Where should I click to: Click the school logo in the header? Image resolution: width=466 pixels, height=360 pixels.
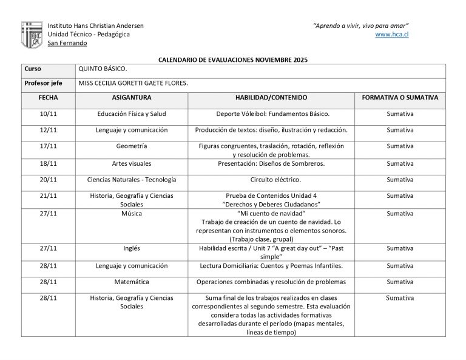[x=32, y=35]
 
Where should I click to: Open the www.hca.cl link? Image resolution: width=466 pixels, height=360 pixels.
[x=391, y=35]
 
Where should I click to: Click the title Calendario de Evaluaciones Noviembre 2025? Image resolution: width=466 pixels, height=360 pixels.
[x=233, y=60]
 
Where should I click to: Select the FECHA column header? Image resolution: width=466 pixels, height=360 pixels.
[x=49, y=97]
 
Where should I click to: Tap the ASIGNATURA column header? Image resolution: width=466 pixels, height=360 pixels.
[x=132, y=97]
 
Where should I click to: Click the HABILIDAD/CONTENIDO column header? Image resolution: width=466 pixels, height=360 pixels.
[x=271, y=97]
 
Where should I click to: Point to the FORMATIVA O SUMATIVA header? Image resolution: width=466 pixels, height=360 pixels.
[x=400, y=97]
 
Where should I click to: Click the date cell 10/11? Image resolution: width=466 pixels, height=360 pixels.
[x=49, y=114]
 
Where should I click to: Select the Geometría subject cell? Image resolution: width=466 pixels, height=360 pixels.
[x=132, y=146]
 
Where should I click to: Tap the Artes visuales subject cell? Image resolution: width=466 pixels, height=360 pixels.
[x=132, y=163]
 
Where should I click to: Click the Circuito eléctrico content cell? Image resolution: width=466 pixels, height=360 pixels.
[x=271, y=180]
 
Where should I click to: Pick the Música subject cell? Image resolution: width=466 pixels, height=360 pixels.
[x=132, y=214]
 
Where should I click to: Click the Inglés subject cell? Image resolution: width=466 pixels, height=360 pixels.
[x=132, y=248]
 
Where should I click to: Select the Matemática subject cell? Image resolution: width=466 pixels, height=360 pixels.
[x=132, y=282]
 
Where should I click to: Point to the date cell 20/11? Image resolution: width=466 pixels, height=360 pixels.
[x=49, y=180]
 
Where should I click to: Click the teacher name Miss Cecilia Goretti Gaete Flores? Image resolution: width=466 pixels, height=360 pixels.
[x=133, y=83]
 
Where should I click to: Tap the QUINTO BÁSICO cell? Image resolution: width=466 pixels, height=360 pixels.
[x=103, y=69]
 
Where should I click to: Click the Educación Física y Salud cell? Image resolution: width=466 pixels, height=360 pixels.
[x=132, y=114]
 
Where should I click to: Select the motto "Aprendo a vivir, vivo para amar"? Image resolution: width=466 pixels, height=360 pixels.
[x=360, y=25]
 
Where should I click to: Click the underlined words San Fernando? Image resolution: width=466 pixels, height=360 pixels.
[x=67, y=43]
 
